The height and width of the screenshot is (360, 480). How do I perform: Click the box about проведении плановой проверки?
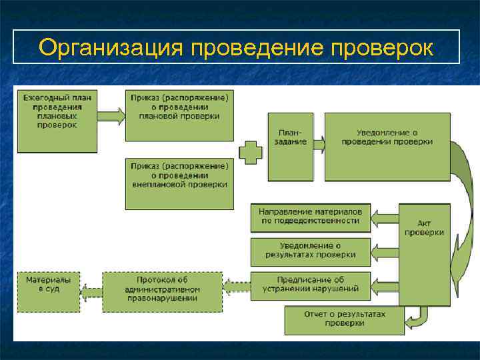point(179,113)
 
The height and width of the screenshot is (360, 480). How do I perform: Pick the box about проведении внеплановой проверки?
point(179,183)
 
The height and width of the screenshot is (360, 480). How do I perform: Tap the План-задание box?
point(290,147)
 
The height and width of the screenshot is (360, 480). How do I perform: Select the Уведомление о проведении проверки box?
point(387,147)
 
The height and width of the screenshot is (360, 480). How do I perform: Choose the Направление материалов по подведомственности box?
point(311,217)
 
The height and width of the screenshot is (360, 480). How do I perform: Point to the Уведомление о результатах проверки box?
point(311,251)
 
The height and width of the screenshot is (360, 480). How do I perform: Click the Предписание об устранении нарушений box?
point(311,285)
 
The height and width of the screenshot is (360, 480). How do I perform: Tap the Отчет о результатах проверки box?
point(345,320)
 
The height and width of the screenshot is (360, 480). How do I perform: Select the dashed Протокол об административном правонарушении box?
point(162,291)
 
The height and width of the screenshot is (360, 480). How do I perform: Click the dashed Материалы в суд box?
point(48,291)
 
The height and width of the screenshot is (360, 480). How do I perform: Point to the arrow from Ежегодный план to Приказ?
point(111,116)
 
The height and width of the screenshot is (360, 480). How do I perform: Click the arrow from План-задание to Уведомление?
point(319,143)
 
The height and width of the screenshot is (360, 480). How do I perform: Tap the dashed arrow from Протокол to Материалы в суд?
point(91,291)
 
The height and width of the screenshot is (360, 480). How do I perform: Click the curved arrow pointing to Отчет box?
point(418,319)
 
